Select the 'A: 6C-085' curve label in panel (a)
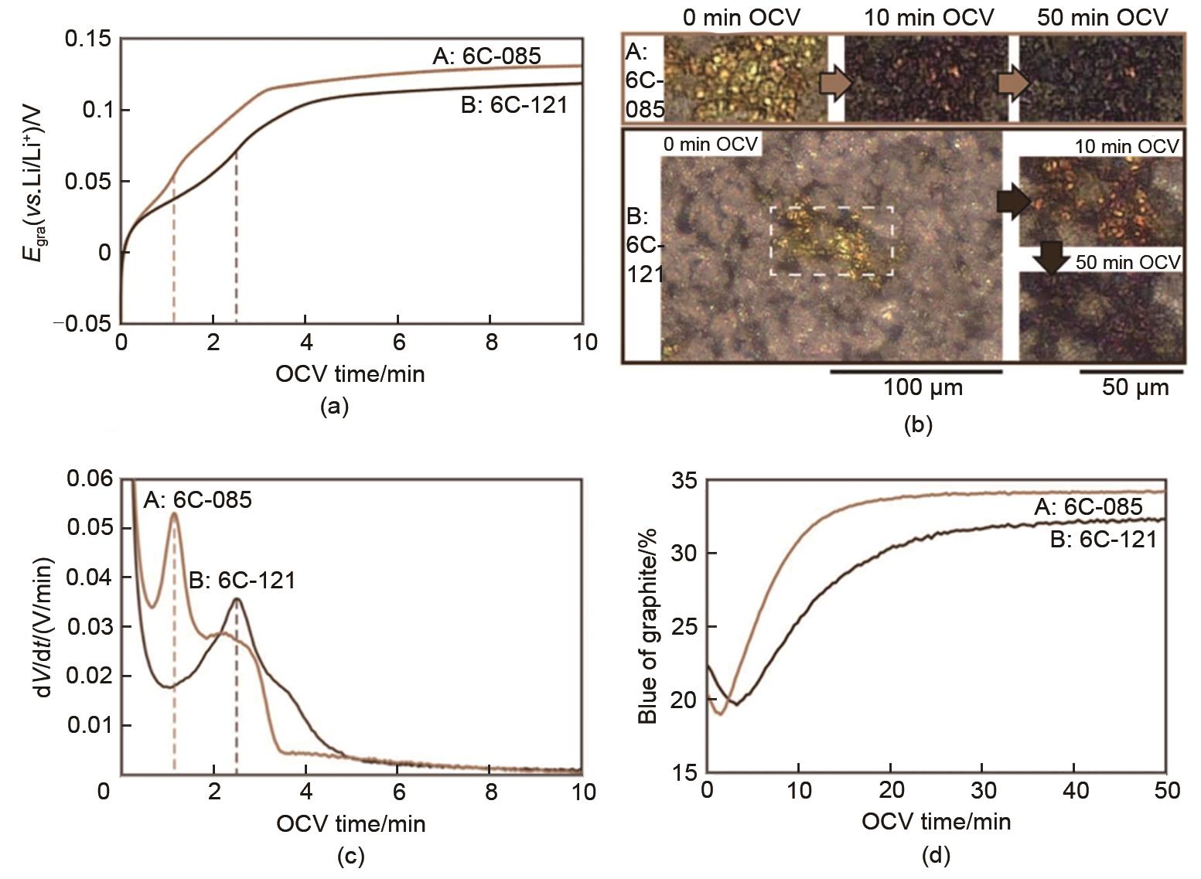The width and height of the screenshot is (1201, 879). [486, 56]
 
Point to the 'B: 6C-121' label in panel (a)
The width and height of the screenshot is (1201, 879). [513, 104]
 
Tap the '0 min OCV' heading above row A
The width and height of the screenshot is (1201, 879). [740, 17]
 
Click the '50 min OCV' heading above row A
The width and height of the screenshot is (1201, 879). [1102, 17]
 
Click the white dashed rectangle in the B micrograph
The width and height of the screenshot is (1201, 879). [832, 240]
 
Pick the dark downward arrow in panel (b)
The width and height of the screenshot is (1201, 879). [1050, 257]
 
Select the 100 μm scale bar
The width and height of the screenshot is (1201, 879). [916, 372]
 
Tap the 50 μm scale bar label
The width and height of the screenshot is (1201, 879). [1134, 387]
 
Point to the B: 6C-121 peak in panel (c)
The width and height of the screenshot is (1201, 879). [237, 599]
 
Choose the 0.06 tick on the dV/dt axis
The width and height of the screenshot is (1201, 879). [90, 479]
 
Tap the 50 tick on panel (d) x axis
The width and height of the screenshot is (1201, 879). [1166, 791]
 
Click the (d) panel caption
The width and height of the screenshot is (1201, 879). [936, 855]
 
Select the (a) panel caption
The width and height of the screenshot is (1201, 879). [334, 407]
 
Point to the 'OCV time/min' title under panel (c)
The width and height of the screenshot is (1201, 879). [350, 823]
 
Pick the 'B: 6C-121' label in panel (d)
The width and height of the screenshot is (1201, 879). [1104, 539]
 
